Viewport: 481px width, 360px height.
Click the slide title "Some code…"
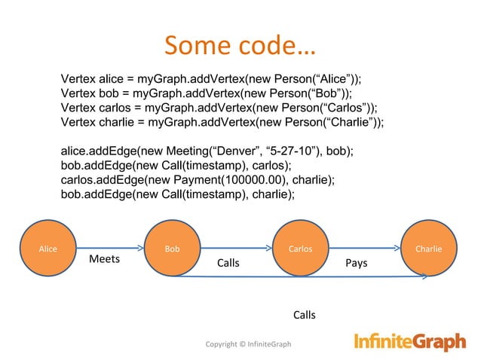point(240,46)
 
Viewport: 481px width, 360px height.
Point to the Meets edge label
point(105,259)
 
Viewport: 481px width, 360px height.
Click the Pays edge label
point(356,264)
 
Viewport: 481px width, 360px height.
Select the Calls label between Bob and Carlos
point(228,264)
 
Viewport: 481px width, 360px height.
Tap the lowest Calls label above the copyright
point(304,315)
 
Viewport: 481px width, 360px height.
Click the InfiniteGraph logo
point(409,343)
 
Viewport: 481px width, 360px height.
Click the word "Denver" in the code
point(226,151)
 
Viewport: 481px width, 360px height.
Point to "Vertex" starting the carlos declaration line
point(78,108)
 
